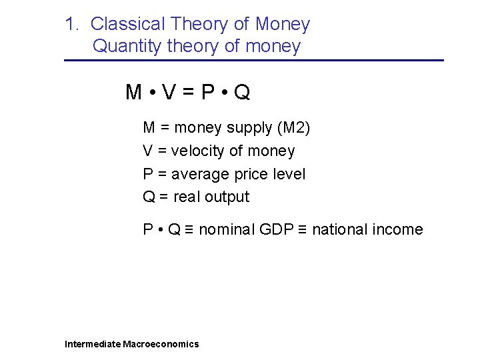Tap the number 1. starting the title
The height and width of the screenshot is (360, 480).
pos(73,25)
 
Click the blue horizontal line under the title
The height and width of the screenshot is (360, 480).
pos(253,61)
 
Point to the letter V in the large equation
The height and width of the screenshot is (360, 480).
pos(168,93)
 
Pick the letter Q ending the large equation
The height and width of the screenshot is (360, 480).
pos(243,93)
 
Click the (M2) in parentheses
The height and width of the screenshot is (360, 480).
pos(293,128)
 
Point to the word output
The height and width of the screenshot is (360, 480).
pos(227,197)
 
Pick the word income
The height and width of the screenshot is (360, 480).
pos(399,230)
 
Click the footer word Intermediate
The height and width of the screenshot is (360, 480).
pos(93,344)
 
